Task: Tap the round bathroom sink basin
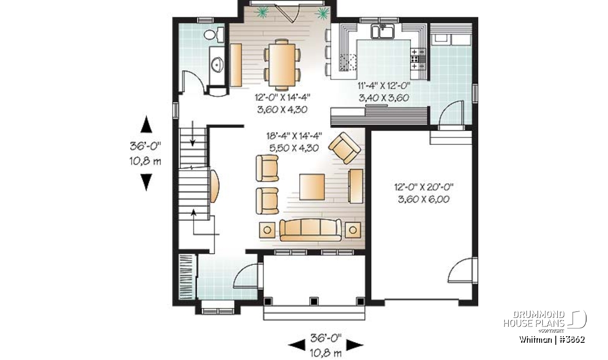click(x=217, y=65)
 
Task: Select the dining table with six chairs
click(x=282, y=65)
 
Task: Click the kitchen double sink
click(x=383, y=31)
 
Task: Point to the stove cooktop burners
click(x=417, y=59)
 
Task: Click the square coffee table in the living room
click(x=312, y=187)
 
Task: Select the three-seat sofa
click(x=311, y=230)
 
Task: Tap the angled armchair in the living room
click(x=345, y=148)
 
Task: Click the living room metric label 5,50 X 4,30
click(x=294, y=148)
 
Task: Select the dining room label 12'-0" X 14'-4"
click(x=282, y=97)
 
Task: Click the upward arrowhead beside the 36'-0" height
click(x=146, y=124)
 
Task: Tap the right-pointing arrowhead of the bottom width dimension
click(x=355, y=345)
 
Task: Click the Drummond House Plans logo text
click(x=534, y=319)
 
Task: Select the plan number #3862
click(x=572, y=340)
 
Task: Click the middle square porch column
click(x=314, y=301)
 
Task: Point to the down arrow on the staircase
click(x=193, y=134)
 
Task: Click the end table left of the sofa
click(x=267, y=230)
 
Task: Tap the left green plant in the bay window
click(x=262, y=12)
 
